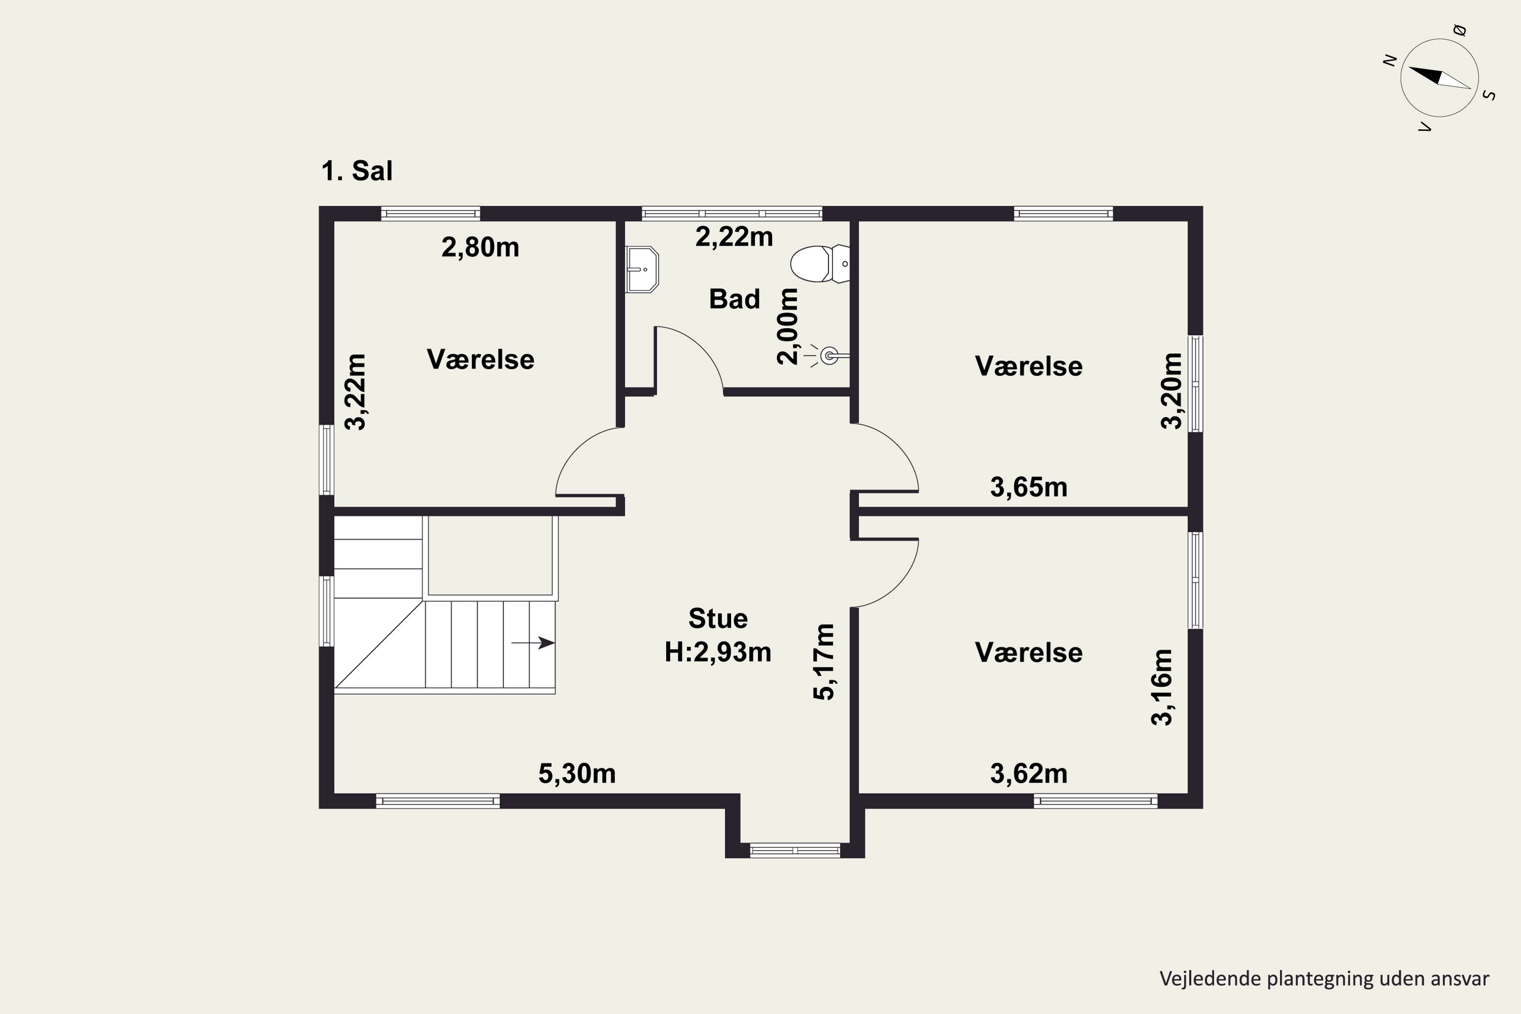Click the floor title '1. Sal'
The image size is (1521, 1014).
pos(357,171)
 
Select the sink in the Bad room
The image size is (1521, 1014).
pos(641,269)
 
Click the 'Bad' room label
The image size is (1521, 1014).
pos(734,299)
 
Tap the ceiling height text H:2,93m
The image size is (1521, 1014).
pos(718,652)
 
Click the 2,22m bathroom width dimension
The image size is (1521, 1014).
pos(734,237)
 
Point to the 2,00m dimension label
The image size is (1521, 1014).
pos(788,327)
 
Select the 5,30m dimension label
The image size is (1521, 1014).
pos(577,774)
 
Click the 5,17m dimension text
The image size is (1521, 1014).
pos(824,662)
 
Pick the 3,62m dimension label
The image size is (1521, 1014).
pos(1028,774)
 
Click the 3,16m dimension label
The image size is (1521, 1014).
pos(1162,687)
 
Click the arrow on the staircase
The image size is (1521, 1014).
pos(533,643)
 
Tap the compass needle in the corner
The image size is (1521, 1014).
pos(1439,78)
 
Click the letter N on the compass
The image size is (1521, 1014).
pos(1389,60)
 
